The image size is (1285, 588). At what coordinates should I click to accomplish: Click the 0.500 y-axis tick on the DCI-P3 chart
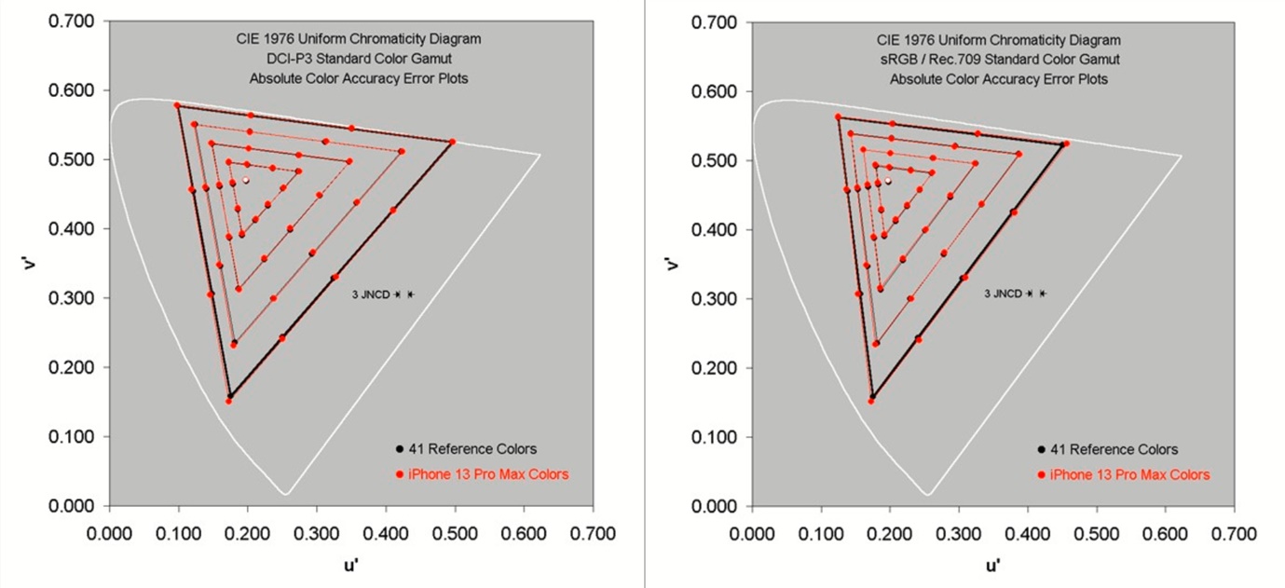tap(71, 159)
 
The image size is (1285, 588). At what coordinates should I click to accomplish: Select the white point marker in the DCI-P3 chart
tap(246, 180)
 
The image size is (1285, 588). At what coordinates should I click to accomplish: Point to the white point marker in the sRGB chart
tap(888, 181)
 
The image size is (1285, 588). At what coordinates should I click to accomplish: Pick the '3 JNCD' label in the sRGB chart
tap(1003, 294)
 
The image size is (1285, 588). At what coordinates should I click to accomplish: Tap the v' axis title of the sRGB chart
tap(673, 264)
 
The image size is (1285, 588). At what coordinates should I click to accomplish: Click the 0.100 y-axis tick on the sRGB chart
tap(713, 437)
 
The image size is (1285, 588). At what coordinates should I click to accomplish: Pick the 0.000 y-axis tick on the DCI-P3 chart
tap(71, 506)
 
